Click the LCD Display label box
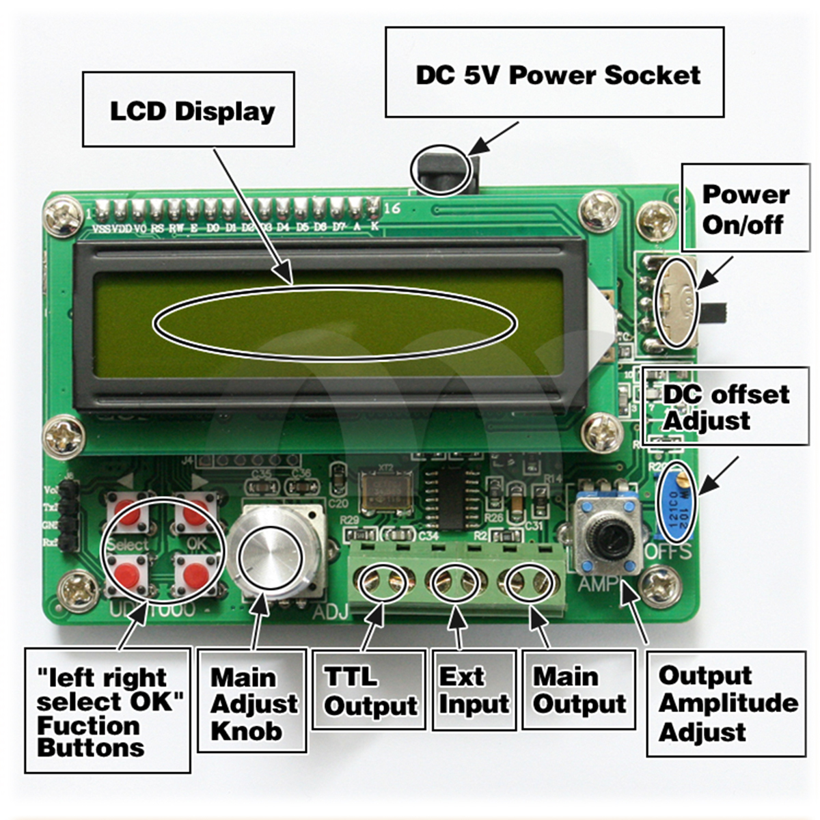pos(189,110)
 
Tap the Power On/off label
pos(745,209)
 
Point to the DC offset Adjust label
pos(726,407)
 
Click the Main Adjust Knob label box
pos(252,702)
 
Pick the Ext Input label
pos(474,690)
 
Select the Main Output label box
pos(578,690)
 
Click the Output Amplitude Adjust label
pos(726,704)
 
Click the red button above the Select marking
pos(128,514)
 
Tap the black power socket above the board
pos(445,171)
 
